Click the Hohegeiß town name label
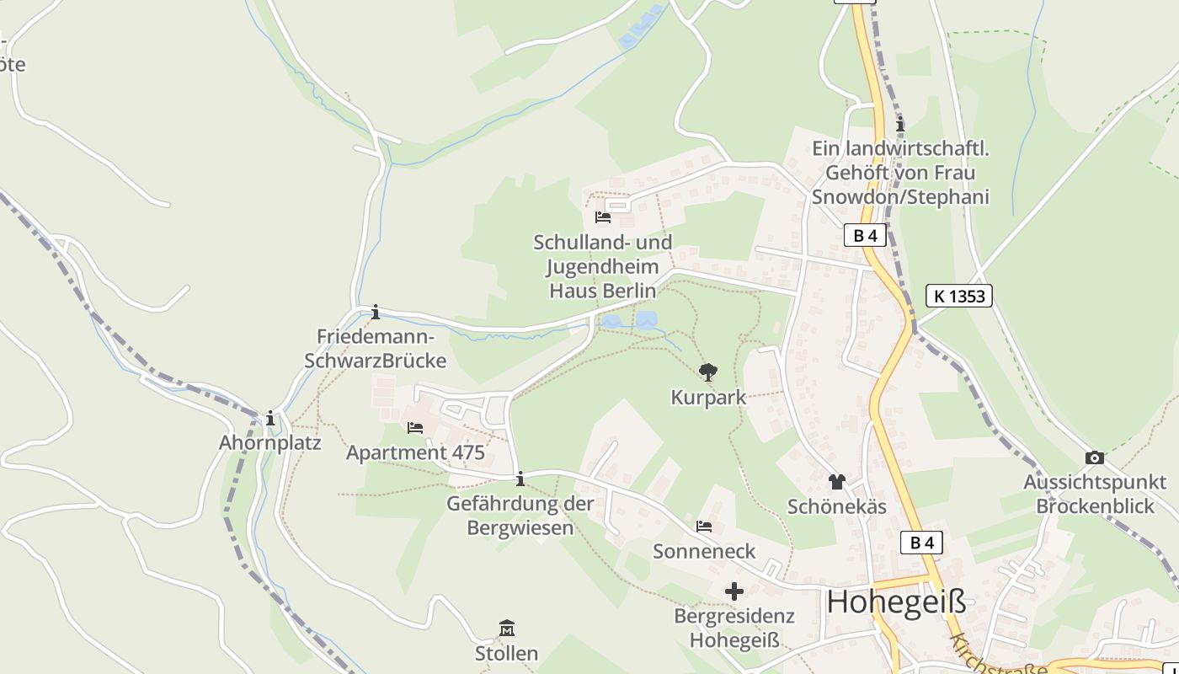pyautogui.click(x=896, y=602)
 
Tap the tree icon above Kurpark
pyautogui.click(x=708, y=372)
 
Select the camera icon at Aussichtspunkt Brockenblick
pyautogui.click(x=1095, y=457)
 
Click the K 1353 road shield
pyautogui.click(x=959, y=296)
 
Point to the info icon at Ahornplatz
pyautogui.click(x=270, y=419)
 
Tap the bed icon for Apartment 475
pyautogui.click(x=415, y=428)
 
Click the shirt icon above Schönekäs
pyautogui.click(x=836, y=482)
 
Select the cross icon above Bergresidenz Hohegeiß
pyautogui.click(x=734, y=591)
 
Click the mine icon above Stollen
pyautogui.click(x=507, y=629)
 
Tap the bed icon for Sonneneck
pyautogui.click(x=704, y=527)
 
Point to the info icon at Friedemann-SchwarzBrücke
pyautogui.click(x=376, y=313)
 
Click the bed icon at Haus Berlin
pyautogui.click(x=603, y=217)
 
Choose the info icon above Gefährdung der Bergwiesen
pyautogui.click(x=520, y=479)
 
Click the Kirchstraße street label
pyautogui.click(x=998, y=656)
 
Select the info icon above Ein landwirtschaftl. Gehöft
pyautogui.click(x=900, y=125)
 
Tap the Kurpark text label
pyautogui.click(x=708, y=398)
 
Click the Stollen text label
pyautogui.click(x=506, y=654)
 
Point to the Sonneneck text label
pyautogui.click(x=704, y=552)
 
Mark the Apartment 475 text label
pyautogui.click(x=415, y=453)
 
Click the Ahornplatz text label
pyautogui.click(x=270, y=443)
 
